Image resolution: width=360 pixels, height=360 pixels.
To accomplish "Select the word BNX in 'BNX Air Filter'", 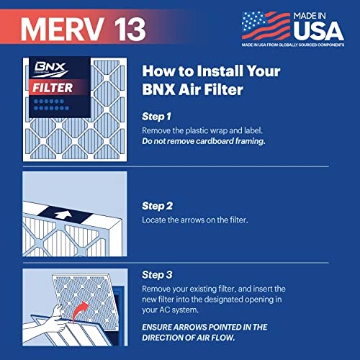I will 158,90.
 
